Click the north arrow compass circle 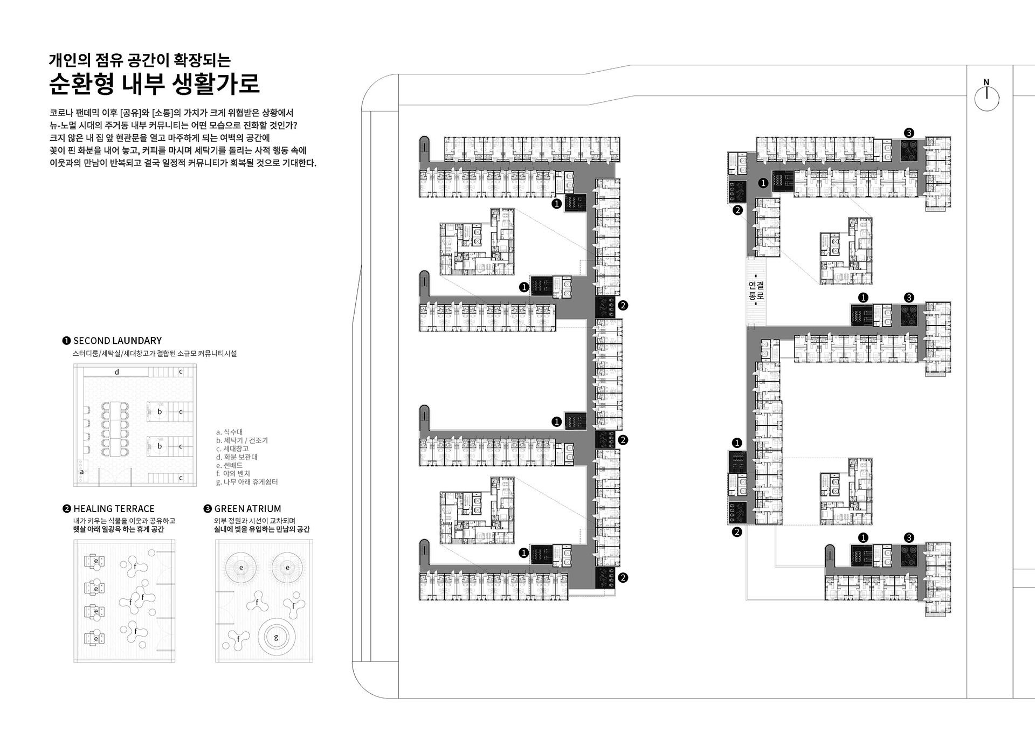tap(986, 99)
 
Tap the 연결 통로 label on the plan tap(756, 291)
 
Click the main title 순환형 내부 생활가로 tap(154, 83)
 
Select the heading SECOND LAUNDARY tap(118, 341)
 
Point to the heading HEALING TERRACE tap(114, 509)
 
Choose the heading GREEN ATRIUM tap(247, 509)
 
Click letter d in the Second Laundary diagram tap(117, 372)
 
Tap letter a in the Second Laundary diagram tap(82, 472)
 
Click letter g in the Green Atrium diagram tap(276, 637)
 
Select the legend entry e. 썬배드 tap(229, 465)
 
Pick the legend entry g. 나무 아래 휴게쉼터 tap(247, 482)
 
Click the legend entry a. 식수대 tap(229, 432)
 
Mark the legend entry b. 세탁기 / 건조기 tap(241, 440)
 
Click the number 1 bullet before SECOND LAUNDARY tap(67, 341)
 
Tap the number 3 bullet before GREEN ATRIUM tap(208, 509)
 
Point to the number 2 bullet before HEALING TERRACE tap(67, 509)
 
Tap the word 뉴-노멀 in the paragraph tap(63, 126)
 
